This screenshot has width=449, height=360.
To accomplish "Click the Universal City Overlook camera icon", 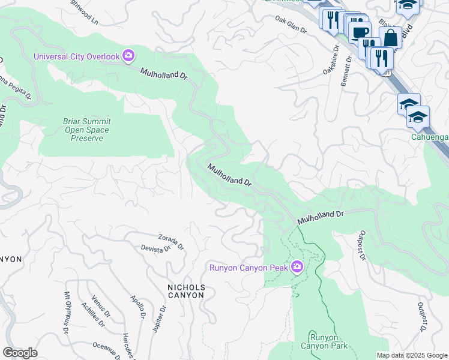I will tap(128, 56).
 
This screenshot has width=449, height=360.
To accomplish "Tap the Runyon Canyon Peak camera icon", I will tap(297, 267).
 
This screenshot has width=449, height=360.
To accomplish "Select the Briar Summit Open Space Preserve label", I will tap(86, 130).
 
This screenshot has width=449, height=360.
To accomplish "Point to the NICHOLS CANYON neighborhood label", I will tap(186, 292).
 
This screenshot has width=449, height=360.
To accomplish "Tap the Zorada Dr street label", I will tap(171, 241).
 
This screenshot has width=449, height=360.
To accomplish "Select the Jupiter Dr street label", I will tap(159, 317).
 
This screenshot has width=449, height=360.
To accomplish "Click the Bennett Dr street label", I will tap(347, 71).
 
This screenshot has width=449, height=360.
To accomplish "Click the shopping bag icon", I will tap(390, 38).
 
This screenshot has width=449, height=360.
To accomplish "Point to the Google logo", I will tap(20, 353).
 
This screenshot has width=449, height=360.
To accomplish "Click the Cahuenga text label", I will tap(429, 137).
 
